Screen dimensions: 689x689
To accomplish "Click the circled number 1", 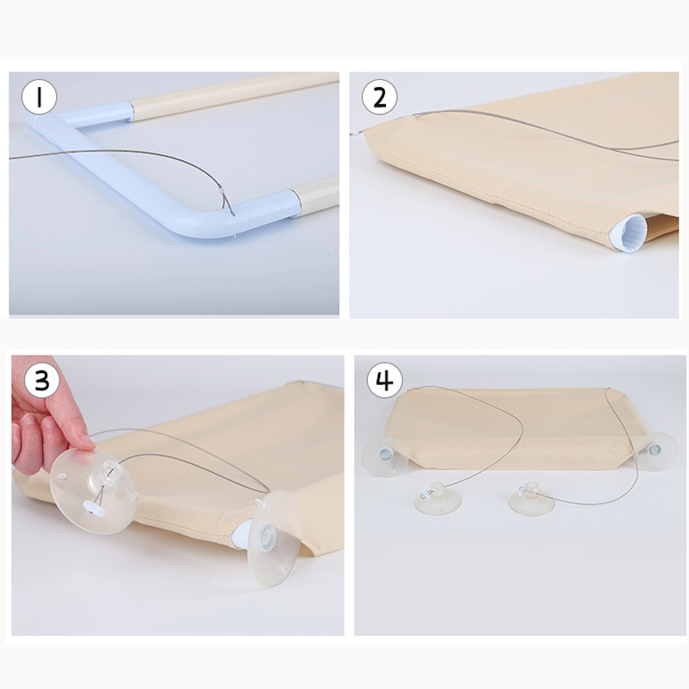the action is pyautogui.click(x=39, y=97).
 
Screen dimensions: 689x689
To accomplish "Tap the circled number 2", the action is pyautogui.click(x=380, y=97).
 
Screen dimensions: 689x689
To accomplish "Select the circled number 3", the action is pyautogui.click(x=42, y=381).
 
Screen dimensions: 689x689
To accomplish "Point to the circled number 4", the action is pyautogui.click(x=384, y=380).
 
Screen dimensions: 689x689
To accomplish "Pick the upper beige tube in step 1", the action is pyautogui.click(x=233, y=95).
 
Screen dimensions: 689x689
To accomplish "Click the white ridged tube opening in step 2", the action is pyautogui.click(x=630, y=233).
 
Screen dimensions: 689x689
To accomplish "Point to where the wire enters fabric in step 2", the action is pyautogui.click(x=416, y=116).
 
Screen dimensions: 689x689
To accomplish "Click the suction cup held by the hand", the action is pyautogui.click(x=93, y=490).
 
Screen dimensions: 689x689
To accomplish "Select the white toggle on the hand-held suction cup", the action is pyautogui.click(x=95, y=509).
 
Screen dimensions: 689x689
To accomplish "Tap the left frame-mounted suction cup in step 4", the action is pyautogui.click(x=385, y=456).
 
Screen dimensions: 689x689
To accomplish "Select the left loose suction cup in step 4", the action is pyautogui.click(x=438, y=499).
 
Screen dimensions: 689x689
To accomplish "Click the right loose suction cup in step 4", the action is pyautogui.click(x=531, y=499).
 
